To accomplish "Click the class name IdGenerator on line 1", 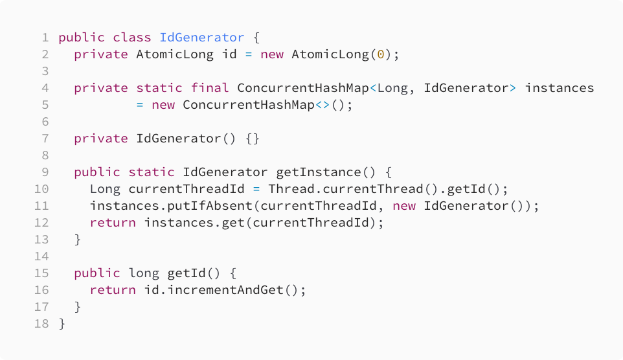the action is pyautogui.click(x=202, y=37).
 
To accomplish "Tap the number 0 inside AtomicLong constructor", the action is pyautogui.click(x=381, y=54).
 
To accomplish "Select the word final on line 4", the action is pyautogui.click(x=210, y=87).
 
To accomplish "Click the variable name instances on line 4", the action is pyautogui.click(x=560, y=87).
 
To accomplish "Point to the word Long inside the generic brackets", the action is pyautogui.click(x=392, y=87).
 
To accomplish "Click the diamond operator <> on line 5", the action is pyautogui.click(x=323, y=104).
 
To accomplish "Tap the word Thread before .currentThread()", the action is pyautogui.click(x=288, y=188).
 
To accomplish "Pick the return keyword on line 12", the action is pyautogui.click(x=113, y=222).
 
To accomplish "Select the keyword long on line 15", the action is pyautogui.click(x=144, y=273).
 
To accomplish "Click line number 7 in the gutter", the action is pyautogui.click(x=45, y=138).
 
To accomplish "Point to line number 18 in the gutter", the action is pyautogui.click(x=42, y=323).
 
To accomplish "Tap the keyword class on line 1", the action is pyautogui.click(x=132, y=37).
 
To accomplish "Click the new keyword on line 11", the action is pyautogui.click(x=404, y=205).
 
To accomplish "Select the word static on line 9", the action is pyautogui.click(x=152, y=172).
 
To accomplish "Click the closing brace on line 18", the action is pyautogui.click(x=62, y=323).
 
